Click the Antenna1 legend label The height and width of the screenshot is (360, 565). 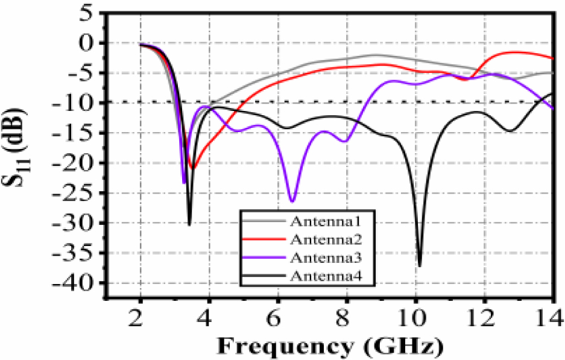[x=317, y=220]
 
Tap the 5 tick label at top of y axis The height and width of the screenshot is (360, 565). [x=87, y=13]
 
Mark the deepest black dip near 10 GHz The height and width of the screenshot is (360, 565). [x=419, y=265]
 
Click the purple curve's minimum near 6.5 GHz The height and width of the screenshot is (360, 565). [x=292, y=201]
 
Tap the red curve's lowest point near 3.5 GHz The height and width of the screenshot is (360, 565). [x=192, y=168]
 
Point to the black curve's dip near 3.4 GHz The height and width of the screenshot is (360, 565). [x=189, y=224]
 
